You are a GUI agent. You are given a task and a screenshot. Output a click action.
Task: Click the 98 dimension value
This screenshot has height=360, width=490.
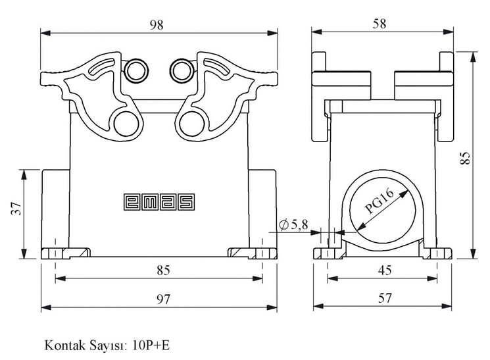tap(157, 25)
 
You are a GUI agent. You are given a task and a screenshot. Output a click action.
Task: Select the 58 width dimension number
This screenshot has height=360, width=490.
tap(379, 24)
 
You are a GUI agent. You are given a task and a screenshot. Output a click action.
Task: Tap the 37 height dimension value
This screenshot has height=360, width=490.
tap(16, 209)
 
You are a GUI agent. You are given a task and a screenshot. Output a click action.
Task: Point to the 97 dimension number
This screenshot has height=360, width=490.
tap(163, 299)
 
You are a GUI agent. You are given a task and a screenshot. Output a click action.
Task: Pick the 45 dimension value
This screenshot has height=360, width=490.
tap(385, 270)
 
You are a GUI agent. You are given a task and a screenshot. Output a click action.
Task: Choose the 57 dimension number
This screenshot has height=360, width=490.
tap(385, 298)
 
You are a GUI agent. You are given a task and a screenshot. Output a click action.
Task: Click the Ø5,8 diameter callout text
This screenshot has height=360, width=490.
tap(293, 224)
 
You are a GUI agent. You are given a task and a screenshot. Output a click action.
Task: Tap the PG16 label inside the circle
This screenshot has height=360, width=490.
tap(380, 202)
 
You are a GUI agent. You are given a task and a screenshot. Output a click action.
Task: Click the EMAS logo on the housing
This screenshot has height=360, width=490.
tap(159, 202)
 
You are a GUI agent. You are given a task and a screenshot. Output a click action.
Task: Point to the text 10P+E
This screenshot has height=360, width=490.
tap(151, 346)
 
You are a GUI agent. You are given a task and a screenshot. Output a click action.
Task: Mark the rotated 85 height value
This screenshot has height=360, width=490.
tap(465, 158)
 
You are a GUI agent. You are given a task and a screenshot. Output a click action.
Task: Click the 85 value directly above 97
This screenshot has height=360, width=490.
tap(163, 270)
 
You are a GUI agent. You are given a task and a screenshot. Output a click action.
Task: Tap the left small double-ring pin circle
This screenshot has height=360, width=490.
tap(136, 70)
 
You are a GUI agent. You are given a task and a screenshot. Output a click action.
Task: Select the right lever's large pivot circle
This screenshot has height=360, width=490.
tap(192, 124)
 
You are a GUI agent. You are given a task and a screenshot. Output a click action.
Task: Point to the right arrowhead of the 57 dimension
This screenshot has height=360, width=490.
tap(447, 307)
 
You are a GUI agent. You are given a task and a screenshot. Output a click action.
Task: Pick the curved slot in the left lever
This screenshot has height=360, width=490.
tap(101, 66)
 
